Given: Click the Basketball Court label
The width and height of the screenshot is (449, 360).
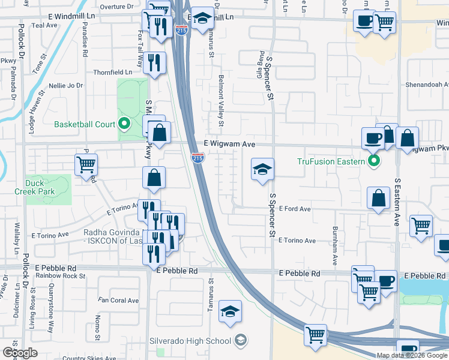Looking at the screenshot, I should click(x=84, y=125).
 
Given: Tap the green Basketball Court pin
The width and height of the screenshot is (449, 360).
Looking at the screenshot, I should click(x=124, y=125).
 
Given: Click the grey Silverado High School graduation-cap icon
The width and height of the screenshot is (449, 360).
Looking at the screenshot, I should click(x=240, y=340).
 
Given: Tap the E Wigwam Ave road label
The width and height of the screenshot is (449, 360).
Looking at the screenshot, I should click(x=229, y=144).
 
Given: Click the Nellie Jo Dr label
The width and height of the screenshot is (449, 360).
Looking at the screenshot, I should click(x=67, y=86).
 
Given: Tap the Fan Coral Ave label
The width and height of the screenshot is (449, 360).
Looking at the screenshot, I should click(x=119, y=300).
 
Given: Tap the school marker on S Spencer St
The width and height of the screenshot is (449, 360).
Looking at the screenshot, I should click(x=262, y=170).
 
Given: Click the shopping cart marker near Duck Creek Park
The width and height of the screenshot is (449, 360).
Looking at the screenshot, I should click(x=86, y=165).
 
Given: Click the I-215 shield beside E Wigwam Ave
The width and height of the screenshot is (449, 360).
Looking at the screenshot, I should click(x=197, y=157).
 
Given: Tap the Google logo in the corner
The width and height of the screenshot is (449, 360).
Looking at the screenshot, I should click(x=20, y=352).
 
